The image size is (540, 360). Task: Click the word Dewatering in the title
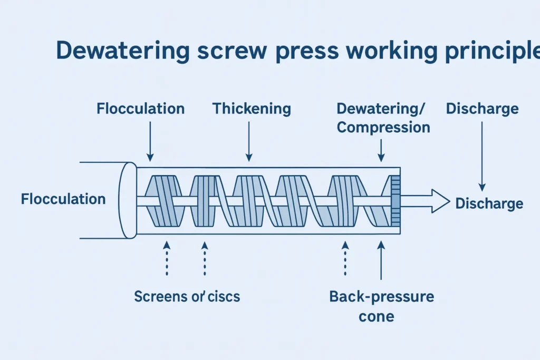122,51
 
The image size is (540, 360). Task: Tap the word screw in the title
233,51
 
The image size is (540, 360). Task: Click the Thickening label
252,109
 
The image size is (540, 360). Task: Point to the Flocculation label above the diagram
140,109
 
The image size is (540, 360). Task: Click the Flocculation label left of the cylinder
63,199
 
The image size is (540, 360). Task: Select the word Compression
383,128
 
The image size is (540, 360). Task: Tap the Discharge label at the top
482,109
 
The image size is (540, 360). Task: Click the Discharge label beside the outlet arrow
489,203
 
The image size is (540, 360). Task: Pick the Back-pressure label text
382,297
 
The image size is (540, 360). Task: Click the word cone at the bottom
377,317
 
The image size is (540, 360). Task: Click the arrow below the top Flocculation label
150,141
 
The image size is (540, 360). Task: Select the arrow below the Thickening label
249,141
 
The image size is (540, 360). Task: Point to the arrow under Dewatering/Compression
381,150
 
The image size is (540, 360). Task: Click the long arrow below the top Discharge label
482,156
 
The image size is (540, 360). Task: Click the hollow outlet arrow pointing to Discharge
426,201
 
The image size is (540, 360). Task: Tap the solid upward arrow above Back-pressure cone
381,260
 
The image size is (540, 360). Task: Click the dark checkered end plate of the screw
396,201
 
